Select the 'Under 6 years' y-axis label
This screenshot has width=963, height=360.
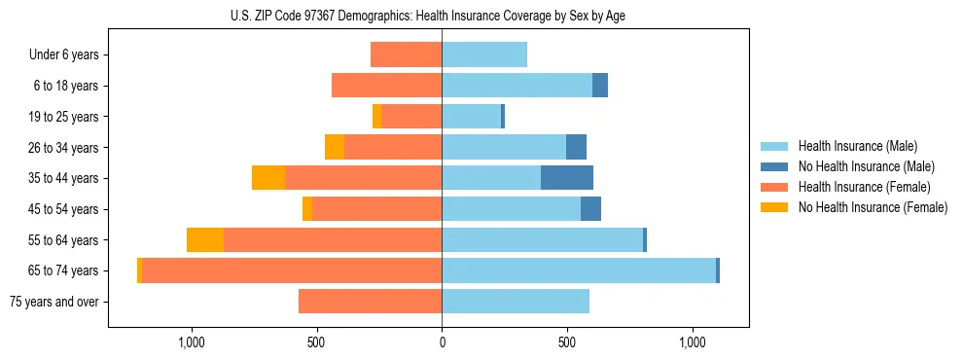(64, 54)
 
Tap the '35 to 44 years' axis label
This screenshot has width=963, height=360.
(64, 178)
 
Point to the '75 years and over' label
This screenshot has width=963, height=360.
(54, 302)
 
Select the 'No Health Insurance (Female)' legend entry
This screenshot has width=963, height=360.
(873, 207)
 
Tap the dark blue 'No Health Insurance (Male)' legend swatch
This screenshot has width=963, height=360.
(775, 166)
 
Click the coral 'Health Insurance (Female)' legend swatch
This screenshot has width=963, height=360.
(775, 187)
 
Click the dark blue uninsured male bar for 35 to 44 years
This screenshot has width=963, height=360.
(567, 178)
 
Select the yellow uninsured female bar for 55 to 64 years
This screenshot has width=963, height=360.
(205, 239)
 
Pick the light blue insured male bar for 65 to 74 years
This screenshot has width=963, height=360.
(579, 270)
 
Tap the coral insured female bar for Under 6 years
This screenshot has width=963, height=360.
(407, 54)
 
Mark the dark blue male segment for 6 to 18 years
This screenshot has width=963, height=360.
(600, 86)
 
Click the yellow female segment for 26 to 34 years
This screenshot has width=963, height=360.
(335, 147)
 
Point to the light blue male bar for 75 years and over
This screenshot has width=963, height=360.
(516, 302)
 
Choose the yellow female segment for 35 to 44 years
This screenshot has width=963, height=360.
(268, 178)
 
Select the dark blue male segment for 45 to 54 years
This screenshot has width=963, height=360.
(590, 209)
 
